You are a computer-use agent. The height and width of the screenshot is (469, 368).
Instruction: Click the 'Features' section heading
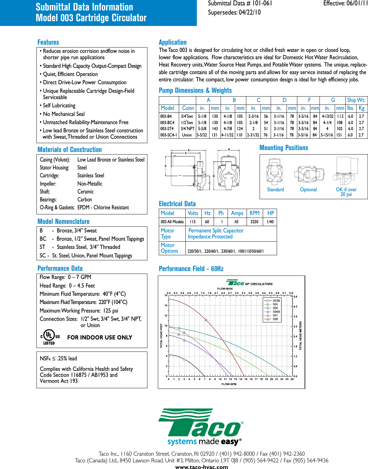point(48,42)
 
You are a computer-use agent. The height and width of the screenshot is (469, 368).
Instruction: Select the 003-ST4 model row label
point(167,129)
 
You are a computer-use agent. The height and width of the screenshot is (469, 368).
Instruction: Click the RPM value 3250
point(254,222)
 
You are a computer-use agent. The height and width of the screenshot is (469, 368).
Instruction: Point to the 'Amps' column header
point(237,213)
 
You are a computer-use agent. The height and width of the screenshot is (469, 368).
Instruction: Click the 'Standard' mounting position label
point(275,190)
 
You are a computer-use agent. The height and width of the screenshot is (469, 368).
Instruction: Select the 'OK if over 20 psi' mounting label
point(346,192)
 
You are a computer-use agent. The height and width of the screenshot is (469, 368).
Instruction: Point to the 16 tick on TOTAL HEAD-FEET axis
point(166,295)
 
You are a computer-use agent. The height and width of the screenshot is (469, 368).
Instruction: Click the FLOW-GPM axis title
point(229,384)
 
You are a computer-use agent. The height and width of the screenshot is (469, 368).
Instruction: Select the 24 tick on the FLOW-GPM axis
point(292,379)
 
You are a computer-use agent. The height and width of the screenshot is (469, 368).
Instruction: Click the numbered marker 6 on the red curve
point(206,320)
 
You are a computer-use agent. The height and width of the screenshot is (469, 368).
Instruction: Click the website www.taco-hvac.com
point(202,466)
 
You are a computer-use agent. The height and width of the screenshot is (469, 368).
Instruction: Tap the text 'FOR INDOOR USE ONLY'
point(100,338)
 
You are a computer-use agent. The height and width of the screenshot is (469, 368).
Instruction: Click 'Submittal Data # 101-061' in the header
point(240,3)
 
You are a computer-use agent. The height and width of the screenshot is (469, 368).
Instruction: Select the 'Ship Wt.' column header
point(356,100)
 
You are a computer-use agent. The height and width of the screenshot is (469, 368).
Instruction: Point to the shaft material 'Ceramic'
point(86,192)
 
